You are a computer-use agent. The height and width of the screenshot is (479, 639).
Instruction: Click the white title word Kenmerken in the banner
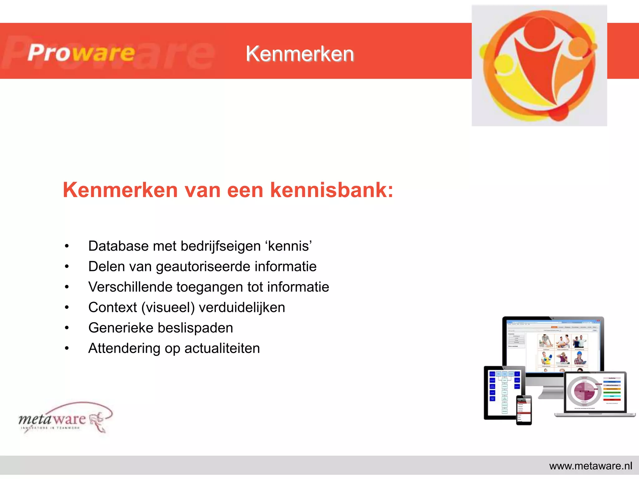pyautogui.click(x=300, y=54)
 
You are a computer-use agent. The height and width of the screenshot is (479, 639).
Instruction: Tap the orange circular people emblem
pyautogui.click(x=539, y=65)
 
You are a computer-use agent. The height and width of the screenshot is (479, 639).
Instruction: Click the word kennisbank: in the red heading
pyautogui.click(x=332, y=190)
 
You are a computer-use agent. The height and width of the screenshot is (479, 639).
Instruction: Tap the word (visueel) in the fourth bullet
pyautogui.click(x=168, y=308)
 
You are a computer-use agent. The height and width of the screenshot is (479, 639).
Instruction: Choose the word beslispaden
pyautogui.click(x=195, y=328)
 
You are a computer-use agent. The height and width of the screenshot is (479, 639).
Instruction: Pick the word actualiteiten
pyautogui.click(x=222, y=348)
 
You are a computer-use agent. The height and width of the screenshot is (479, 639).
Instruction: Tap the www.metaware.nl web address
pyautogui.click(x=590, y=466)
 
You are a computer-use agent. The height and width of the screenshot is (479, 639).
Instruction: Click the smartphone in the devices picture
pyautogui.click(x=524, y=410)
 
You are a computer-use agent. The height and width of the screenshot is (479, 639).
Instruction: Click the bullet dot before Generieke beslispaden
pyautogui.click(x=67, y=328)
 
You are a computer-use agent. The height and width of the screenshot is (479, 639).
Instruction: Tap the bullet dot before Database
pyautogui.click(x=67, y=246)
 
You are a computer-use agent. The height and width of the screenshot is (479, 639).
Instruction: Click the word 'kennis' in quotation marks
pyautogui.click(x=289, y=246)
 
